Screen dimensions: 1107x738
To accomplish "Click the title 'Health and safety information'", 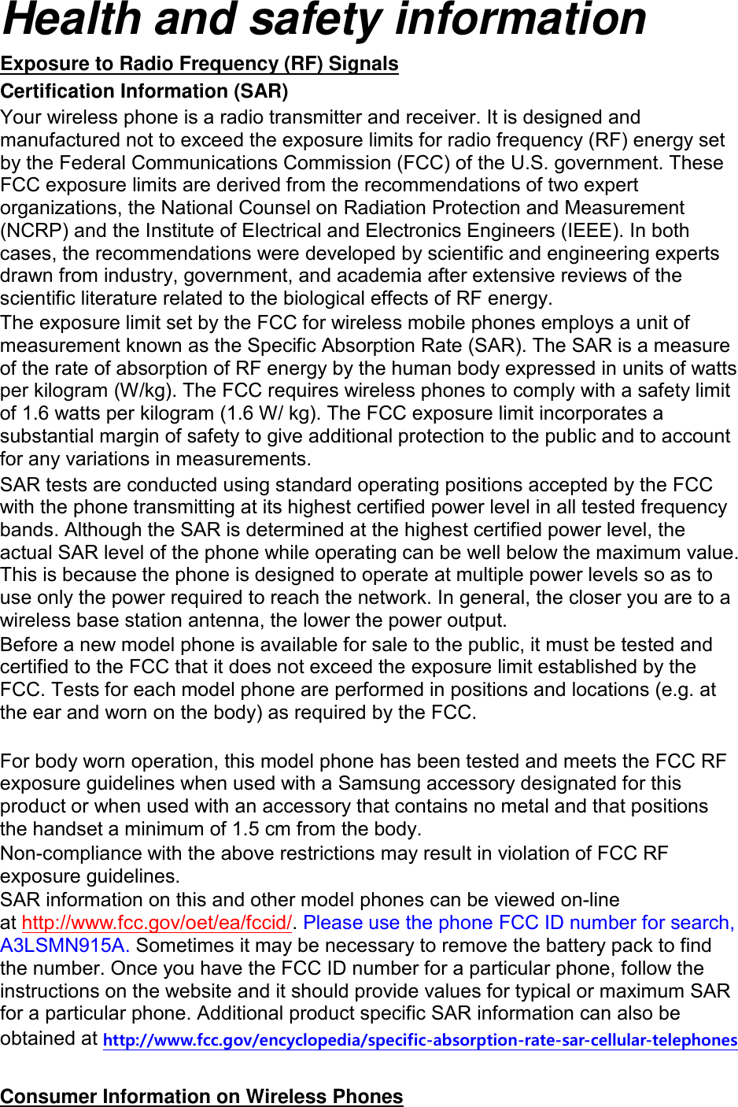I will [x=324, y=20].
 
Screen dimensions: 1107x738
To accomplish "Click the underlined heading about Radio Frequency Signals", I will [x=199, y=64].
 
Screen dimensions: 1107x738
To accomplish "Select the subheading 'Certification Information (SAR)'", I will [x=144, y=91].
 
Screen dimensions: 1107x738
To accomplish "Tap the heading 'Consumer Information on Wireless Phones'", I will [x=201, y=1096].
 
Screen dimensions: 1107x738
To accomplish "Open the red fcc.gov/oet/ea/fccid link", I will [x=157, y=923].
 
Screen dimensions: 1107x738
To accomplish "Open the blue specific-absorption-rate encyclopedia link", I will [x=420, y=1040].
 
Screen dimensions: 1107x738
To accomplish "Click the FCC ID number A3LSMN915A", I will [x=65, y=946].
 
